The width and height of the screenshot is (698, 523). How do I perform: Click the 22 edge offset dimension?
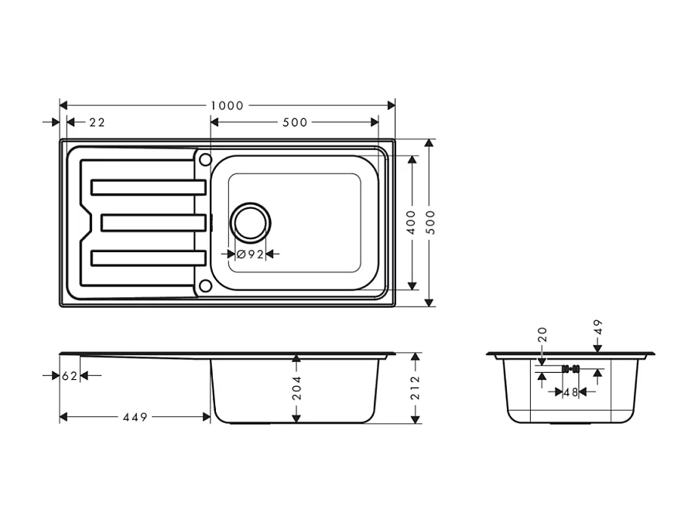(x=97, y=123)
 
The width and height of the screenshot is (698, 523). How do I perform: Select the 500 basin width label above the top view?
(x=295, y=122)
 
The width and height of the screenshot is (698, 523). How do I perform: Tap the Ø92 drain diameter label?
(x=251, y=254)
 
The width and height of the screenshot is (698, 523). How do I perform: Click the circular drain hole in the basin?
(x=251, y=223)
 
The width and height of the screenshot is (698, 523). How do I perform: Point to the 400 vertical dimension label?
(x=411, y=222)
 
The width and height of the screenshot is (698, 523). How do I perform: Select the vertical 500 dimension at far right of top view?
(x=430, y=222)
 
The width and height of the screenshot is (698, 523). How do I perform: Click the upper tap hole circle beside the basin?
(x=205, y=159)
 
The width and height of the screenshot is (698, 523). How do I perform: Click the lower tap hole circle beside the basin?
(x=205, y=286)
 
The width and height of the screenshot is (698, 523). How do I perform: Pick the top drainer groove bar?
(x=148, y=186)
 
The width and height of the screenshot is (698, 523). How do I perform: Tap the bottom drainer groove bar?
(x=148, y=258)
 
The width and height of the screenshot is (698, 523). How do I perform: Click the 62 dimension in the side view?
(x=70, y=376)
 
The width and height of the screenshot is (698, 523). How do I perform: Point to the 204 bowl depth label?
(x=296, y=388)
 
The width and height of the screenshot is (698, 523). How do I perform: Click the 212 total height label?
(x=416, y=387)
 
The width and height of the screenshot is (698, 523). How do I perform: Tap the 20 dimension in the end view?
(x=542, y=335)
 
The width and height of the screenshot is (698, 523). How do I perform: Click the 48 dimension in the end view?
(x=571, y=392)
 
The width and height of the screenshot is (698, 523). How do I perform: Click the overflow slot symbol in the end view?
(x=570, y=368)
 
